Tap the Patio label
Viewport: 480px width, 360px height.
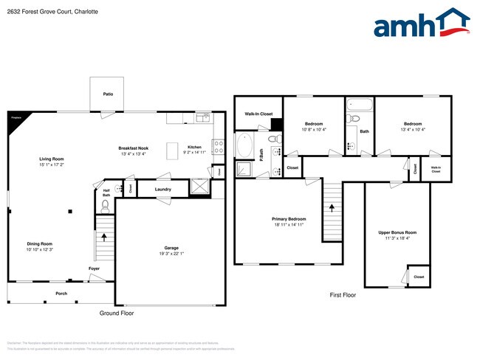pyautogui.click(x=108, y=94)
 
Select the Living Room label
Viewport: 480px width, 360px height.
pyautogui.click(x=52, y=159)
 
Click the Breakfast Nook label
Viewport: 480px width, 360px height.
pyautogui.click(x=133, y=148)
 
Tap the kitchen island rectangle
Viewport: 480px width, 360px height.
pyautogui.click(x=174, y=150)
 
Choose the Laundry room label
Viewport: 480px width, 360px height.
pyautogui.click(x=163, y=190)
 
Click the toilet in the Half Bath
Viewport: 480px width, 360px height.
pyautogui.click(x=104, y=206)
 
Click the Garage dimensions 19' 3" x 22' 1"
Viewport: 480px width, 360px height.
pyautogui.click(x=171, y=254)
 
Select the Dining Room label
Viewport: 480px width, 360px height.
pyautogui.click(x=40, y=243)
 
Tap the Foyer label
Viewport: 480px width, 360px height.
pyautogui.click(x=95, y=269)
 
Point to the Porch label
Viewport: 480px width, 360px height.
pyautogui.click(x=61, y=293)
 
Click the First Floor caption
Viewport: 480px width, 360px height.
pyautogui.click(x=343, y=295)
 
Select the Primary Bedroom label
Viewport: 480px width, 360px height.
pyautogui.click(x=289, y=219)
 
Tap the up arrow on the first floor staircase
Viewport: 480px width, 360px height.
pyautogui.click(x=332, y=208)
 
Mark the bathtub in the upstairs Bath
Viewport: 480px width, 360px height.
pyautogui.click(x=360, y=104)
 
